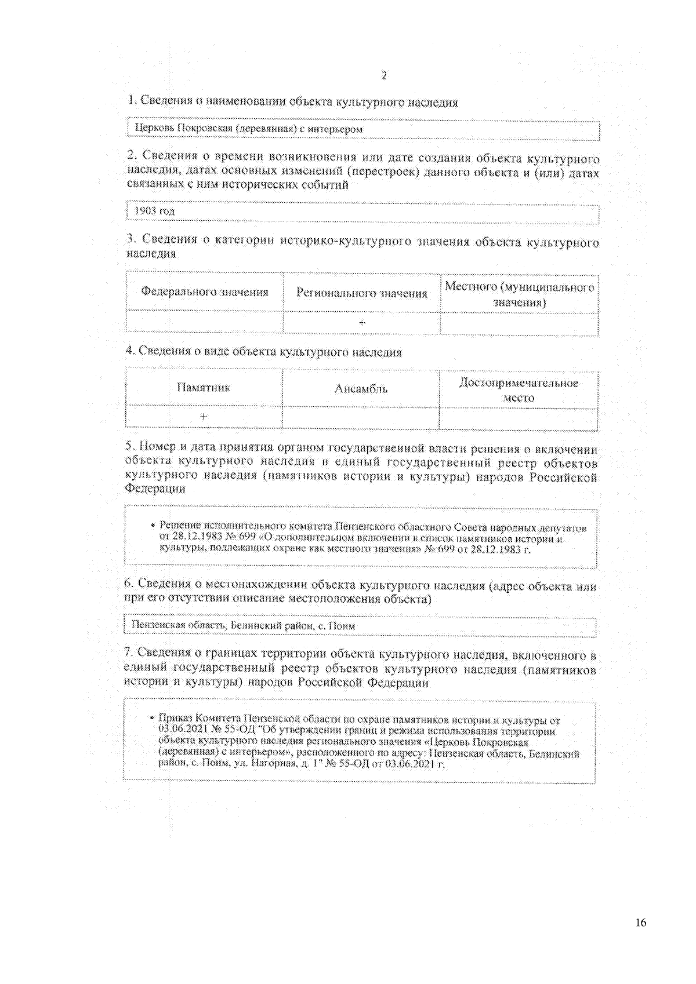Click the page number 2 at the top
coord(383,76)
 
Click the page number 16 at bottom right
coord(640,923)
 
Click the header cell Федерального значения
coord(205,292)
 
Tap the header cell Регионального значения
coord(361,293)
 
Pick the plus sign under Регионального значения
coord(362,323)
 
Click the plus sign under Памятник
coord(204,417)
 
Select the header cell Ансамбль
coord(361,389)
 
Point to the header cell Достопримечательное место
coord(519,390)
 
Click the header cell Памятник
coord(204,388)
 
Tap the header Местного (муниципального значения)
coord(519,294)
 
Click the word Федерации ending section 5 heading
coord(155,489)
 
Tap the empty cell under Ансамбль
coord(361,418)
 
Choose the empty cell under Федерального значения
coord(205,322)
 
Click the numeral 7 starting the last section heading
coord(128,654)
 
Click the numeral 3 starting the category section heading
coord(131,239)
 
